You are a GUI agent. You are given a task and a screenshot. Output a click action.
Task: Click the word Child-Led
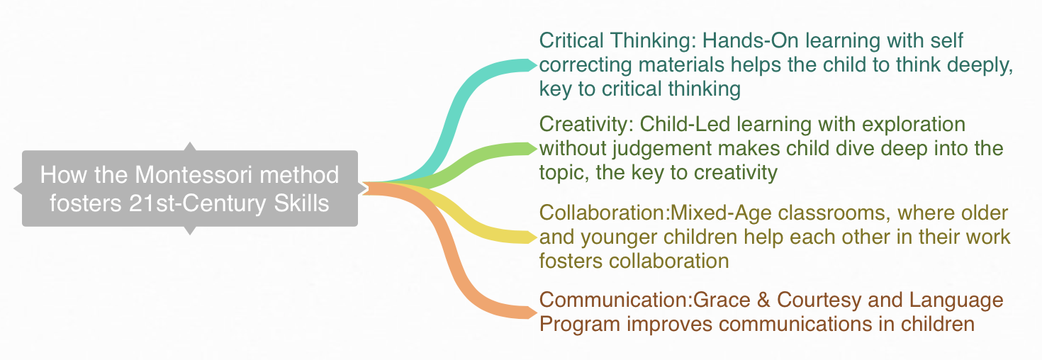click(685, 124)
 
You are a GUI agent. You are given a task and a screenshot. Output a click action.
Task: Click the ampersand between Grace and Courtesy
click(763, 300)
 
